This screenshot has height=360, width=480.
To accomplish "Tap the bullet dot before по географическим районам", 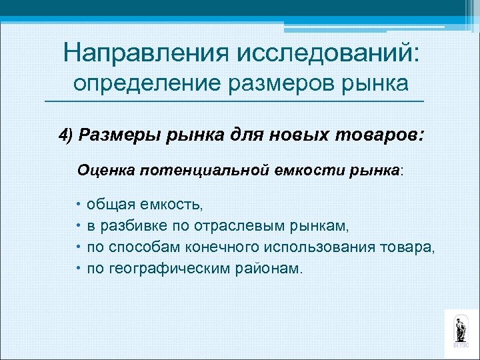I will pyautogui.click(x=79, y=268).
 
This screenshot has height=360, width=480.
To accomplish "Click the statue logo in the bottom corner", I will pyautogui.click(x=460, y=329).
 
